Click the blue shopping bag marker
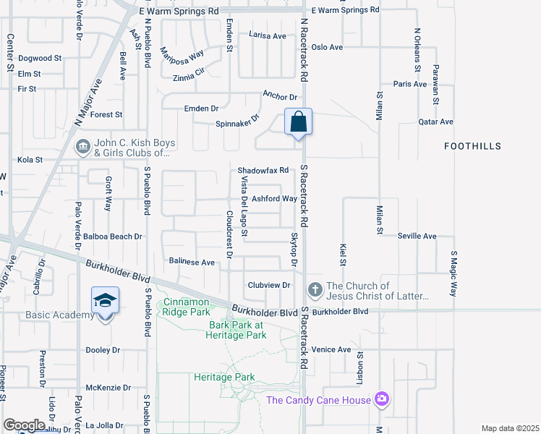coord(298,122)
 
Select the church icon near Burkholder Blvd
coord(315,290)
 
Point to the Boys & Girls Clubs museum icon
coord(83,148)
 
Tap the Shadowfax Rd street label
coord(263,171)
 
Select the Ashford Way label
coord(274,199)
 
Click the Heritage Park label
coord(224,377)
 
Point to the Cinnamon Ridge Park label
coord(189,306)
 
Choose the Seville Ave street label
coord(417,237)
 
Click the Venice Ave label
coord(331,350)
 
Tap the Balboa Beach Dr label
coord(112,237)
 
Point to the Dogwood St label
coord(41,58)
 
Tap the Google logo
coord(24,425)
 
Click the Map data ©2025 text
coord(509,428)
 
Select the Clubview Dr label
coord(268,285)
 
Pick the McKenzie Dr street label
coord(108,388)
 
